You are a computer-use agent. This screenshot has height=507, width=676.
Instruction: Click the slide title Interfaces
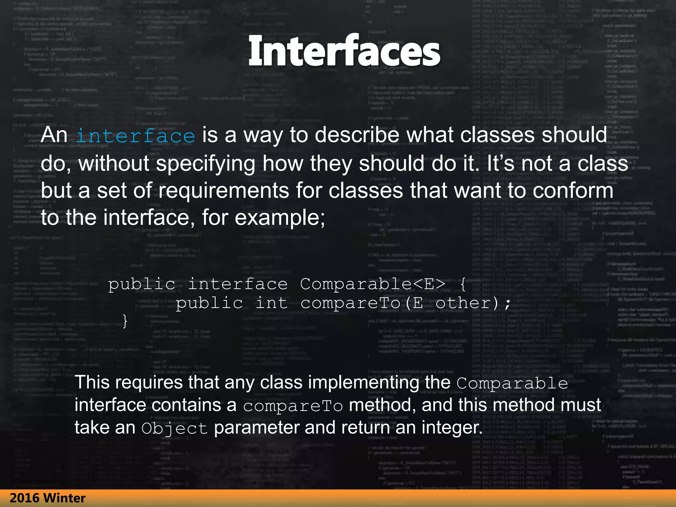click(x=344, y=51)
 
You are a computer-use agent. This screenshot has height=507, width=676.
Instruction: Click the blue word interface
click(x=135, y=136)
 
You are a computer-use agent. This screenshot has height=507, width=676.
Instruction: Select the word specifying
click(x=205, y=164)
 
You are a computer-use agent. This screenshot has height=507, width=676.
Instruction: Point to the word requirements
click(x=223, y=191)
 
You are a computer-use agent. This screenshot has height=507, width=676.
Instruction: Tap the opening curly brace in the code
click(x=463, y=284)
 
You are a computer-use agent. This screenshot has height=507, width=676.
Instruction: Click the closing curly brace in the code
click(x=125, y=321)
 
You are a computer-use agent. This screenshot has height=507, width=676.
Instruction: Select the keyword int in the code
click(x=271, y=303)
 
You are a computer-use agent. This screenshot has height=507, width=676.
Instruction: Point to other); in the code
click(x=473, y=303)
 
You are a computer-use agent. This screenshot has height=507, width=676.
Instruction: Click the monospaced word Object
click(x=174, y=428)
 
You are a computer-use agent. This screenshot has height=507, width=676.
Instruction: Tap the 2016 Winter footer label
click(x=48, y=498)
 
